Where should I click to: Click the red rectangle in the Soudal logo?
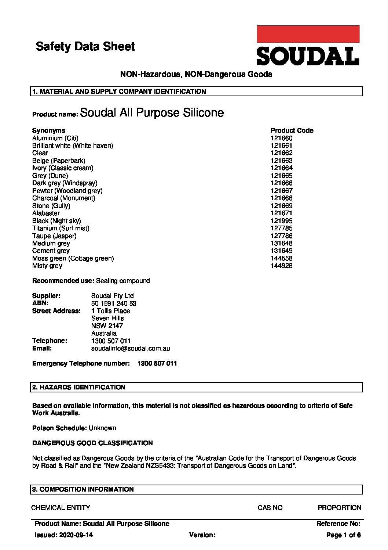(308, 34)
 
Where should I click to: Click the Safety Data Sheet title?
(85, 47)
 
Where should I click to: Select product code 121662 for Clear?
(281, 153)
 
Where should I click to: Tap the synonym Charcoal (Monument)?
(63, 198)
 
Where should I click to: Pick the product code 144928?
(281, 266)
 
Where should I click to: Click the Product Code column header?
(292, 130)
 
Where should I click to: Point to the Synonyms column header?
(48, 130)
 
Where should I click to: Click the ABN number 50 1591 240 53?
(114, 303)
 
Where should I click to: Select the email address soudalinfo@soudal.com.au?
(130, 348)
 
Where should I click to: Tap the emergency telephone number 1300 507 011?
(157, 363)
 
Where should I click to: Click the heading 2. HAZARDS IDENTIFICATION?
(79, 387)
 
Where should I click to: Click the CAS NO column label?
(270, 508)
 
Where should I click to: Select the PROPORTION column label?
(339, 508)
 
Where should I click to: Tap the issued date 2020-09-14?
(75, 535)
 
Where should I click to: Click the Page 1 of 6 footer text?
(343, 535)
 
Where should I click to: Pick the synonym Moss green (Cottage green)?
(73, 258)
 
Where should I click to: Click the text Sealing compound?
(123, 281)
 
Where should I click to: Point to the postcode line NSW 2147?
(107, 326)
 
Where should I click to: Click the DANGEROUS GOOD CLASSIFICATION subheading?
(92, 443)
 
